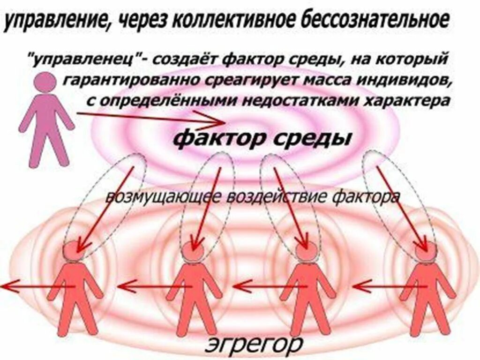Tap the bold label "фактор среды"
pos(262,138)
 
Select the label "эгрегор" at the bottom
pos(253,345)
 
